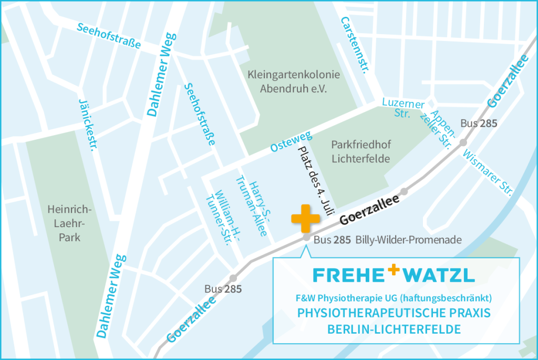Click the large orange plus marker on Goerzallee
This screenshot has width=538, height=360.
(x=305, y=219)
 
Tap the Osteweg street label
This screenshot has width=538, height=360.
(x=291, y=141)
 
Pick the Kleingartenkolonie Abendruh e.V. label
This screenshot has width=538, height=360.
(x=294, y=82)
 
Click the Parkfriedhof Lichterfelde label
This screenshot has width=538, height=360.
(x=361, y=151)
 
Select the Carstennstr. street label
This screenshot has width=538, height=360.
(x=354, y=45)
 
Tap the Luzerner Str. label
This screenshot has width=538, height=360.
(x=403, y=108)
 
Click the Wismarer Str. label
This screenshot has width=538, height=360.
(x=487, y=171)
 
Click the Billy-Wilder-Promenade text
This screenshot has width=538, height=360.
(x=408, y=240)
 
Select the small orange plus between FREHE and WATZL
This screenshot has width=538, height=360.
(x=394, y=270)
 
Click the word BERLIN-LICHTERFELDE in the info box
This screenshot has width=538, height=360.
(x=394, y=330)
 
